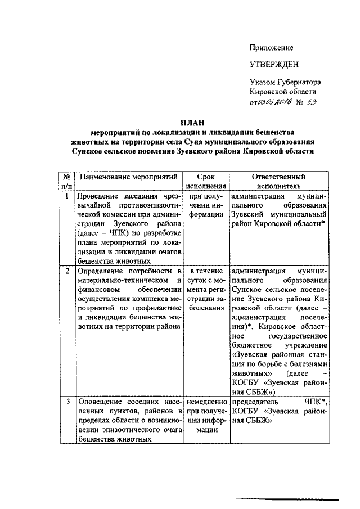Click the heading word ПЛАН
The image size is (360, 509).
tap(192, 122)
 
